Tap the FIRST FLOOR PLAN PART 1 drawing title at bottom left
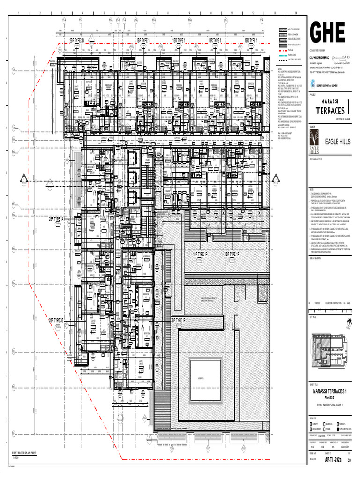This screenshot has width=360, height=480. click(24, 453)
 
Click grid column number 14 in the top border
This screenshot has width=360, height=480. click(296, 13)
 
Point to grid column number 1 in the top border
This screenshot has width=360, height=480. click(19, 13)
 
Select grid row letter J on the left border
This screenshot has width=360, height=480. click(6, 441)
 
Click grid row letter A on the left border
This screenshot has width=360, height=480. click(6, 39)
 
